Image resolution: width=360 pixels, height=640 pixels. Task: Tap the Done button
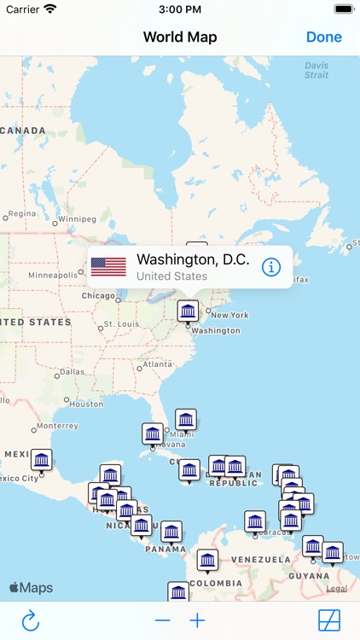coord(323,37)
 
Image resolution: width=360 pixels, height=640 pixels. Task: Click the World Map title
coord(180,37)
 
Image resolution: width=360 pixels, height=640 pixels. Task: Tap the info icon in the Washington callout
coord(271,267)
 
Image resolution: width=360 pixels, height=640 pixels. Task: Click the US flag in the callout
coord(108,267)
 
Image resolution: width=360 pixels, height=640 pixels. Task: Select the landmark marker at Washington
coord(188,311)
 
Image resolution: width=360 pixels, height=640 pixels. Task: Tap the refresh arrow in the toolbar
coord(31,620)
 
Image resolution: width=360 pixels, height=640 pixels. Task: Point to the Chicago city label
coord(98,296)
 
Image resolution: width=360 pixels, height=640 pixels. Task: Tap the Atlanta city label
coord(157,364)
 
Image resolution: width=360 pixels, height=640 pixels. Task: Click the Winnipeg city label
coord(77,219)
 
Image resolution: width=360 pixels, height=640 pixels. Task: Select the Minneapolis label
coord(53,275)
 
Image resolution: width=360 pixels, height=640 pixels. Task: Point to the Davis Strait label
coord(316,70)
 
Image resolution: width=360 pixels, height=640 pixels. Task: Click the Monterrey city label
coord(57,426)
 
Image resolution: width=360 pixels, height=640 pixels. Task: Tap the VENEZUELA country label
coord(261,559)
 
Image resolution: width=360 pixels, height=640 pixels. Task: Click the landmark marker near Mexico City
coord(41,460)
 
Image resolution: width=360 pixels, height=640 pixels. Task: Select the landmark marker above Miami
coord(186,419)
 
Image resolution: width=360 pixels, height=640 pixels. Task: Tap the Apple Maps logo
coord(31,587)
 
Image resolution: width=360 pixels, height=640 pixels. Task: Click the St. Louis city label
coord(120,325)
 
